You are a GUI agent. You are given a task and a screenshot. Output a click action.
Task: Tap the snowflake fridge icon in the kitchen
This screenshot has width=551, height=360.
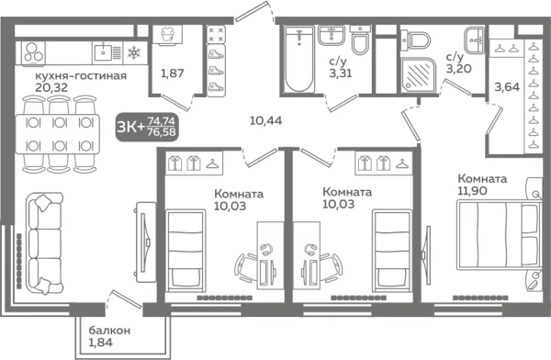click(x=135, y=51)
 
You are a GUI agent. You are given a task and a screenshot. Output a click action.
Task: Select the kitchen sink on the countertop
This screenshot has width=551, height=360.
click(x=107, y=51)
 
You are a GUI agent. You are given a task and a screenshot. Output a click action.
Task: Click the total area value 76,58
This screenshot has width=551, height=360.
click(x=163, y=133)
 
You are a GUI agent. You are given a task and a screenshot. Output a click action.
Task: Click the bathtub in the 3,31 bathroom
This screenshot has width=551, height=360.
click(x=300, y=60)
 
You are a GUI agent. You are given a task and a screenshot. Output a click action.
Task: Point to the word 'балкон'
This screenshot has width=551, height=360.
click(x=110, y=330)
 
